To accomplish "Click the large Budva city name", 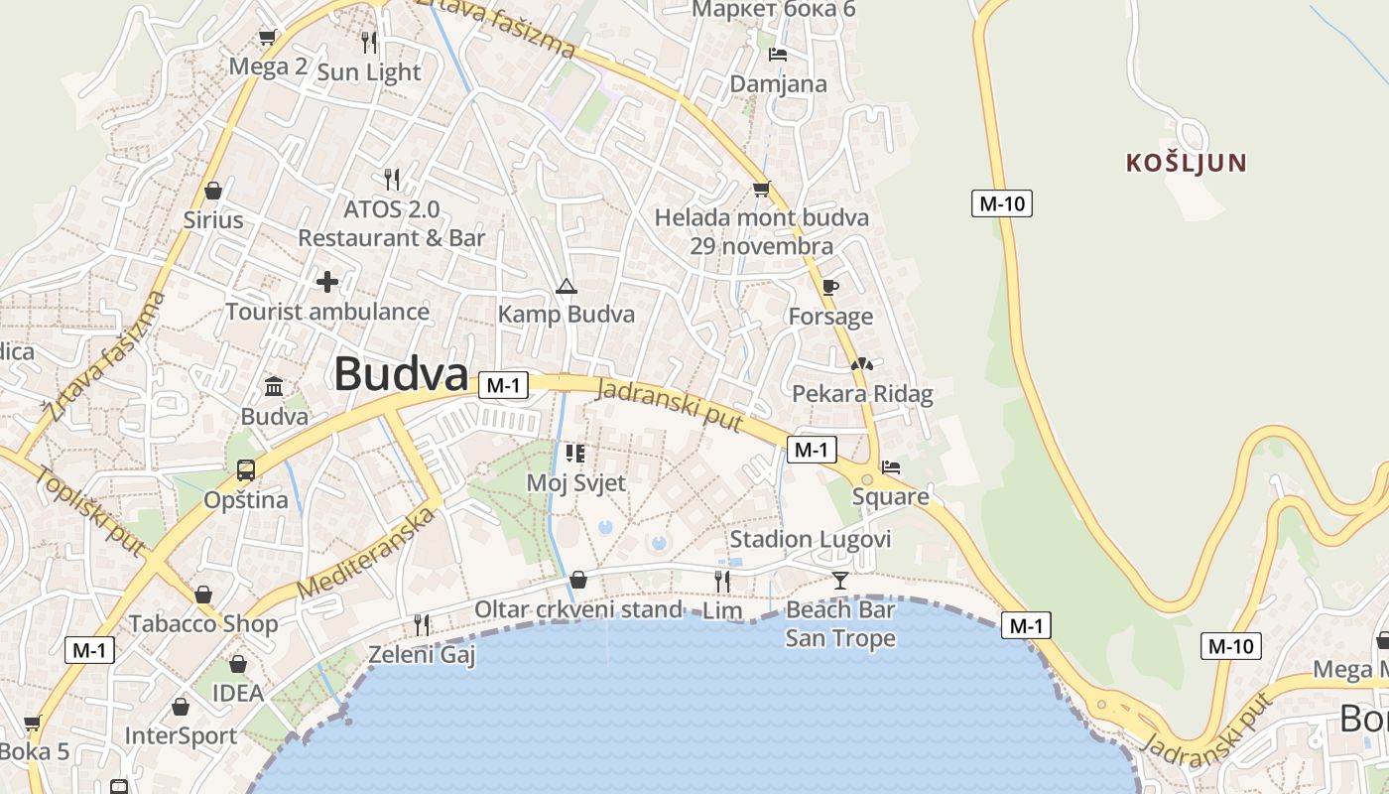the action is [x=401, y=375].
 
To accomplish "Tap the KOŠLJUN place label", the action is [x=1186, y=163].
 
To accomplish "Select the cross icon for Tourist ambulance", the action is [x=327, y=282].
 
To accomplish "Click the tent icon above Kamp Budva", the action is [x=566, y=287].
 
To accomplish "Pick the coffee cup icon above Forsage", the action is [x=830, y=288].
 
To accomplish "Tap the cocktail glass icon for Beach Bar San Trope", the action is [x=840, y=580].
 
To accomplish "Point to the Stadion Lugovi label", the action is [x=811, y=539].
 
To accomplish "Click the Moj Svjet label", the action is [x=575, y=483].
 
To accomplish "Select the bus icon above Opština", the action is [x=245, y=470].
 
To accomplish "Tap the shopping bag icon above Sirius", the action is [x=212, y=190].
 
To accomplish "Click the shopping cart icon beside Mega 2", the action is [x=267, y=38].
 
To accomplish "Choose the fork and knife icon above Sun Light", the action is [x=369, y=42].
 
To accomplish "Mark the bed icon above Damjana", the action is [x=778, y=55].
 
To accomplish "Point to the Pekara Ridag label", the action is [x=862, y=394].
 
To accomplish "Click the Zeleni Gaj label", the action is [x=422, y=655].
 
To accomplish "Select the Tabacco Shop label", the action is [x=203, y=624].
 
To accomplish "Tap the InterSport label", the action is [x=181, y=736].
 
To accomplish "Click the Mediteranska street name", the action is [x=367, y=554].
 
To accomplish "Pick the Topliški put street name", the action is [x=90, y=509].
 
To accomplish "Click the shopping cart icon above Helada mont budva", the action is [x=761, y=189].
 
